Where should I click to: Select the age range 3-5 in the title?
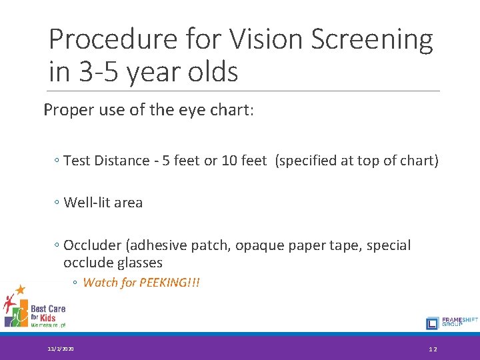pyautogui.click(x=99, y=72)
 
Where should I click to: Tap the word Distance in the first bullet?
pyautogui.click(x=122, y=161)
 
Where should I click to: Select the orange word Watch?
pyautogui.click(x=100, y=283)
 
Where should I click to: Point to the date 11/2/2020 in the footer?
pyautogui.click(x=61, y=349)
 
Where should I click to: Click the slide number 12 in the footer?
pyautogui.click(x=433, y=349)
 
